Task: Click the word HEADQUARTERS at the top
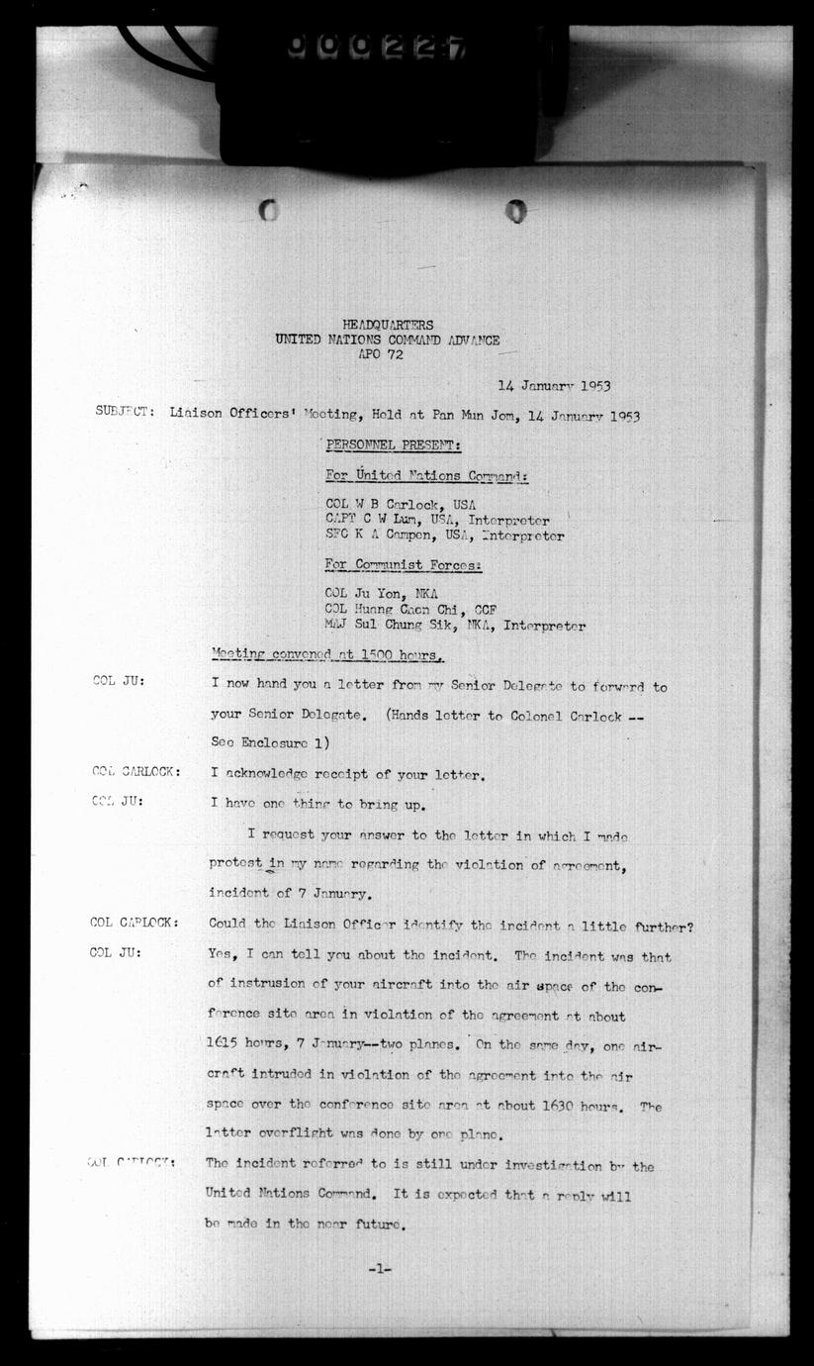387,326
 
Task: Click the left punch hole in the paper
268,210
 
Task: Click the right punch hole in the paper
515,210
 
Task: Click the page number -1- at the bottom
379,1268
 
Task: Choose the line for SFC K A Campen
444,537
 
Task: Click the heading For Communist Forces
404,565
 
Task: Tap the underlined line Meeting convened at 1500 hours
327,655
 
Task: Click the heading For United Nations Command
426,476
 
